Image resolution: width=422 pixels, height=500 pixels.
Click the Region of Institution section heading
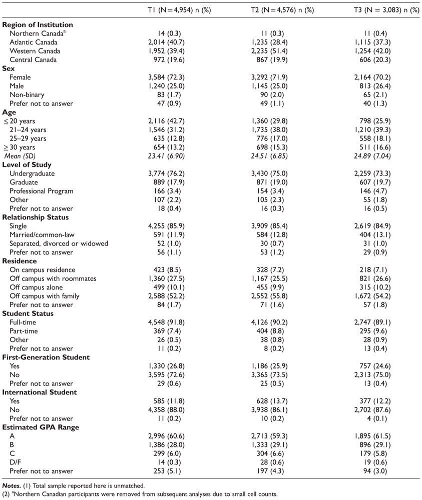coord(38,25)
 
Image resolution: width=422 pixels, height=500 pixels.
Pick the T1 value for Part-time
coord(179,331)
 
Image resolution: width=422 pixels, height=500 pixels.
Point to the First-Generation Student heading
coord(46,357)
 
